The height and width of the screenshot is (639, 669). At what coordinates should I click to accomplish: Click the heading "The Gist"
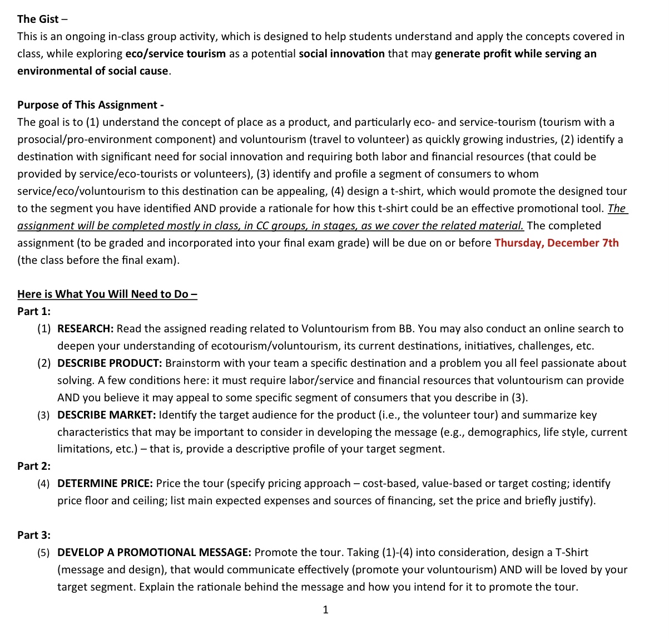point(38,19)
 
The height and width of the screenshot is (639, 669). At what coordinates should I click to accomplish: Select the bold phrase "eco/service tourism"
point(175,54)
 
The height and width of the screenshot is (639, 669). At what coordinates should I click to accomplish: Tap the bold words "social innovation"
point(341,54)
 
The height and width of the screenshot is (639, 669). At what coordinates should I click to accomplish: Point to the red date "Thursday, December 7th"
point(556,243)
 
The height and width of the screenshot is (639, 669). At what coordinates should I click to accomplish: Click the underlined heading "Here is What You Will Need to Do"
point(107,294)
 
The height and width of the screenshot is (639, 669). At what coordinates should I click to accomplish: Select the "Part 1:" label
point(33,311)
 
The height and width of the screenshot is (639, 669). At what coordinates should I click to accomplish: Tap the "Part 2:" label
point(33,466)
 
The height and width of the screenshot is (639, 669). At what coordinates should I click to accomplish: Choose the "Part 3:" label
point(33,535)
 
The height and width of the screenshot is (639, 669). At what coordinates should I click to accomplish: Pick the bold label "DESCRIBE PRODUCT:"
point(110,363)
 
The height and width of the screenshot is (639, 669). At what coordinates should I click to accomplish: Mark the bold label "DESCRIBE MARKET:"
point(106,415)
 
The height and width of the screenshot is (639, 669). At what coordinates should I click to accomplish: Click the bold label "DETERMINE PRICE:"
point(105,483)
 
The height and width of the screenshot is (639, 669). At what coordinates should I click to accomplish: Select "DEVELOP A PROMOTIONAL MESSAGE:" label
point(154,552)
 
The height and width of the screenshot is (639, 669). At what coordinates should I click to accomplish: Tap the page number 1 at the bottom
point(325,609)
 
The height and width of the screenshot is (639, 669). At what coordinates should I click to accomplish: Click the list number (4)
point(44,483)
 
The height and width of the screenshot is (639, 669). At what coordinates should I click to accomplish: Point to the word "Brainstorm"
point(194,363)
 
